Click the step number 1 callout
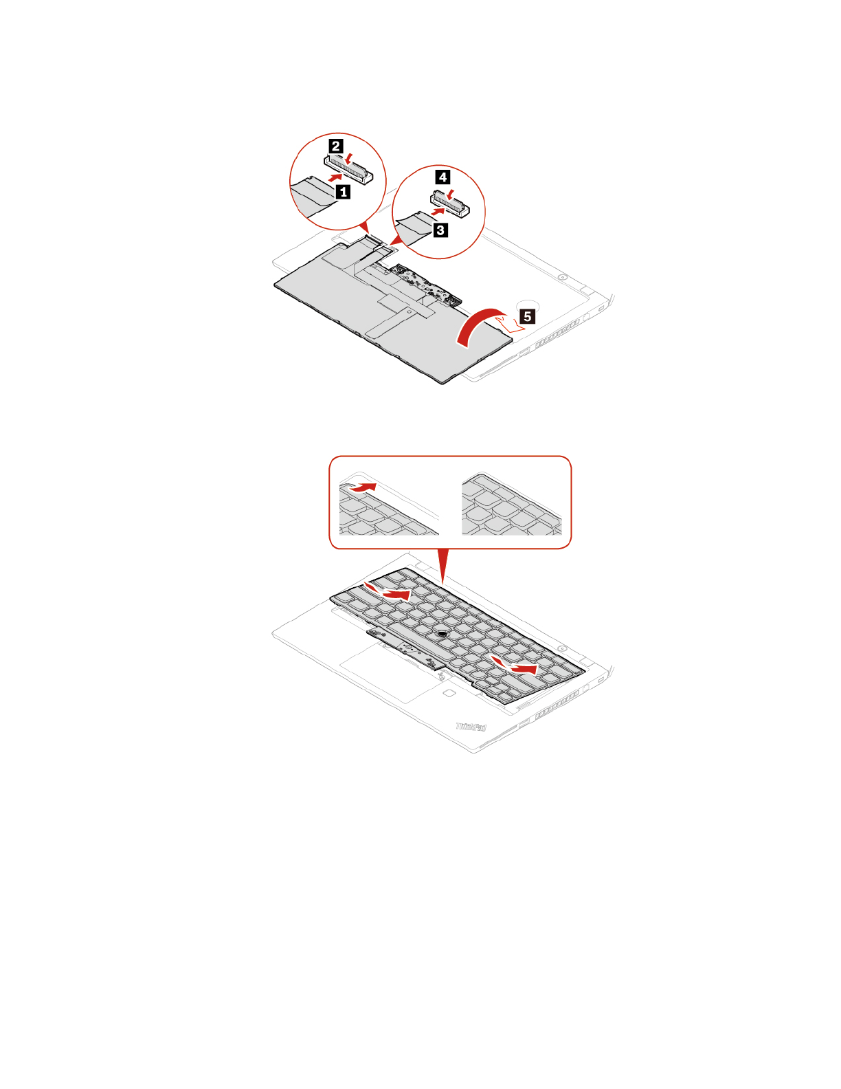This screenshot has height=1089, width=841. [344, 192]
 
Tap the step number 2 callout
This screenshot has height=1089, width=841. [336, 146]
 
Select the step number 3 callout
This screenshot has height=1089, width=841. [440, 230]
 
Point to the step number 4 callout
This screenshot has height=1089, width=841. [443, 177]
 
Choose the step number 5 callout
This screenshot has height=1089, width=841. [527, 316]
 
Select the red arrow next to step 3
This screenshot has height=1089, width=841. [438, 212]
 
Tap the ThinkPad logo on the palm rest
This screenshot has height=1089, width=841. [472, 726]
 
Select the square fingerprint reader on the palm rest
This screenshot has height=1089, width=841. [447, 693]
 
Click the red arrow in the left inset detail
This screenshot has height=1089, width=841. [361, 487]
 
